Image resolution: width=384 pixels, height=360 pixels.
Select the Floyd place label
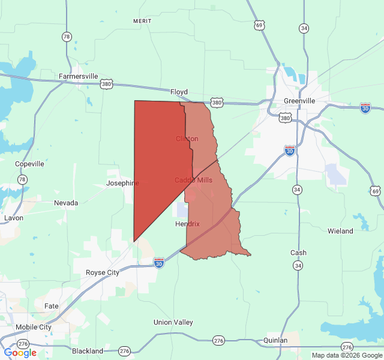[x=179, y=92]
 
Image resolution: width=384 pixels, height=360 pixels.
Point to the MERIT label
[x=142, y=21]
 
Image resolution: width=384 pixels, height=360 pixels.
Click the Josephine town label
[x=122, y=183]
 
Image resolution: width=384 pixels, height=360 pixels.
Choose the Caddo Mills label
[x=193, y=180]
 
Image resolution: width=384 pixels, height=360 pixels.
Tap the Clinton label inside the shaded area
[x=187, y=139]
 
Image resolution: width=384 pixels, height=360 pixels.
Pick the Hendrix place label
[x=187, y=224]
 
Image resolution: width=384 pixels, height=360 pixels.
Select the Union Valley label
[x=173, y=322]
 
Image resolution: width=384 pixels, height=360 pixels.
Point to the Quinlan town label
[x=275, y=340]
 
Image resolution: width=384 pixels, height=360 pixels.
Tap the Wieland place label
[x=340, y=231]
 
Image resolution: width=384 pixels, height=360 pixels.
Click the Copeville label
[x=29, y=164]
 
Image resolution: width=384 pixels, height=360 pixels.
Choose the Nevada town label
[x=66, y=203]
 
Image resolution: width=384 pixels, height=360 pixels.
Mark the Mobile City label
[x=34, y=327]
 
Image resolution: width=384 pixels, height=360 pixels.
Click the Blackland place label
[x=88, y=351]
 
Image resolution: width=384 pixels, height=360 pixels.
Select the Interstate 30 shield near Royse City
[x=158, y=263]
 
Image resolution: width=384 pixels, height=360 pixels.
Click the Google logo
[x=20, y=352]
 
